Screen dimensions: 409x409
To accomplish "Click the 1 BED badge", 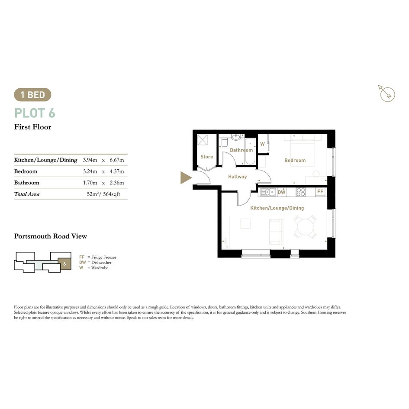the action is [32, 95].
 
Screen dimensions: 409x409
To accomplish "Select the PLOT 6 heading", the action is [35, 113].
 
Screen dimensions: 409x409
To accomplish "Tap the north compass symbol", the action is [386, 93].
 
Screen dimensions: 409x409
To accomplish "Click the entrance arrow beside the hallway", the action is [186, 177].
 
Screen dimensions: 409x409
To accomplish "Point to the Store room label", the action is [206, 157].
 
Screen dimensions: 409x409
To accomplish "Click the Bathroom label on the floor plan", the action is [241, 150].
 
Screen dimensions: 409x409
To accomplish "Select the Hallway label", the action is [237, 177].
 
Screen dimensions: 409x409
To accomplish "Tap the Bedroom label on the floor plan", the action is [295, 161].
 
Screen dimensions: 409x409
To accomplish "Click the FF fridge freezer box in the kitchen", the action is [320, 192].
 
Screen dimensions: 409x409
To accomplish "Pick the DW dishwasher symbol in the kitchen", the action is [281, 193].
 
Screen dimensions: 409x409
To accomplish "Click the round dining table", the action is [305, 227].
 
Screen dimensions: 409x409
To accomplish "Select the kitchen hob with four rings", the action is [300, 192].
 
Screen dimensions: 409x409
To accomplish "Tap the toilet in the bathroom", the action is [224, 142].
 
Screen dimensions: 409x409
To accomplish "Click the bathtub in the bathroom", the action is [250, 151].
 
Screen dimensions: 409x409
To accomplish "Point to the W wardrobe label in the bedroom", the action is [262, 144].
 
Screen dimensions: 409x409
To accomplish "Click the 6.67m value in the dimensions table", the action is [116, 160].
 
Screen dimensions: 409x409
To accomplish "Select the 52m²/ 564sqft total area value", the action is [103, 194].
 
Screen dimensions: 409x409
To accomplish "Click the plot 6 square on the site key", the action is [64, 264].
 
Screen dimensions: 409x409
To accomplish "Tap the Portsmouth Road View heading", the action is [51, 236].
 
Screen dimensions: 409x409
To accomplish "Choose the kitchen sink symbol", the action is [268, 192].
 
